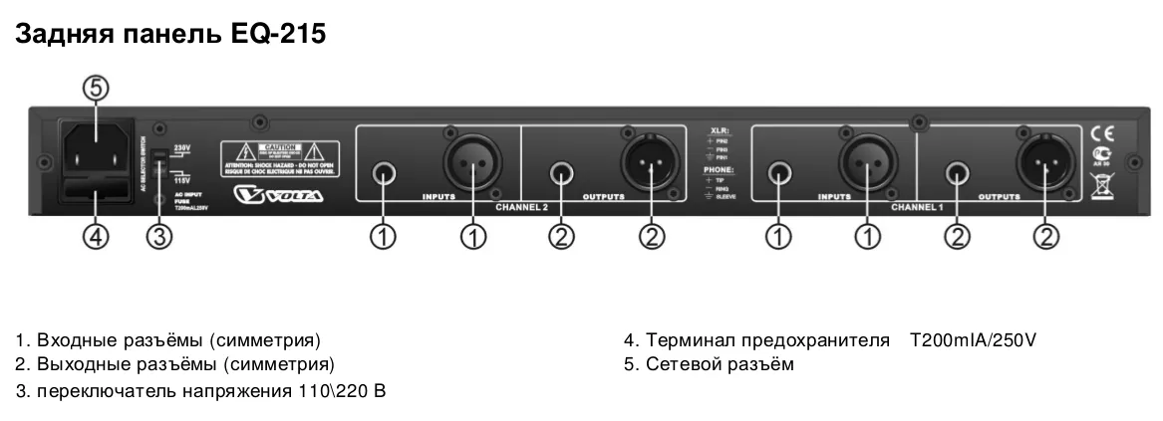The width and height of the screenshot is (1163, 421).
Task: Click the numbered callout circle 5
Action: point(95,90)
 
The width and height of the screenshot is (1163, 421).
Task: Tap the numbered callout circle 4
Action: point(95,237)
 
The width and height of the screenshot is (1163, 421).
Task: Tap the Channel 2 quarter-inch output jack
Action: point(562,175)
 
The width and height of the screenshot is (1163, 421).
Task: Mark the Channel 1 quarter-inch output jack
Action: point(957,175)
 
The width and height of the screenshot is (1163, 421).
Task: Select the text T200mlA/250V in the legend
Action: point(973,341)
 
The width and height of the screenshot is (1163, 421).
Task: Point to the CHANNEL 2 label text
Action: point(522,206)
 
